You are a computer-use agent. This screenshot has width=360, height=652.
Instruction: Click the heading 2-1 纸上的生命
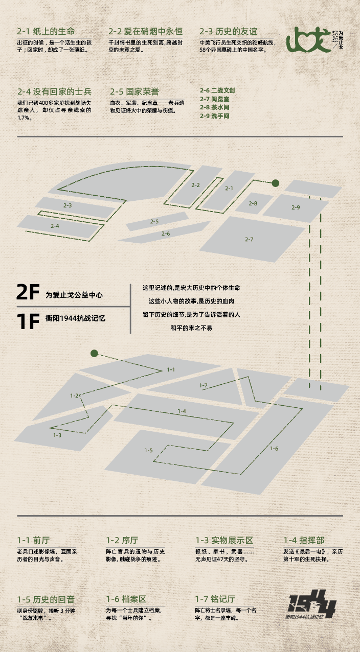tap(46, 32)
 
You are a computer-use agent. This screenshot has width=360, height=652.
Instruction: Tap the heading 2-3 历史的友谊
tap(229, 32)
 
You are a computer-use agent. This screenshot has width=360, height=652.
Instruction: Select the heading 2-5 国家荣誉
tap(134, 91)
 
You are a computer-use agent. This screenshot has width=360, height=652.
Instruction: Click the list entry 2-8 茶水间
tap(214, 107)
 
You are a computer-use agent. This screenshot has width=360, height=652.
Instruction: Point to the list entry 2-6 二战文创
tap(217, 90)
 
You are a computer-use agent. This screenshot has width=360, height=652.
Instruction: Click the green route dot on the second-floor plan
tap(275, 183)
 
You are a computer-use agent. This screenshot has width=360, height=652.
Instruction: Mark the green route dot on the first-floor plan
tap(94, 354)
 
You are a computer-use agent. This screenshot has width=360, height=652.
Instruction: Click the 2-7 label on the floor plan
tap(249, 240)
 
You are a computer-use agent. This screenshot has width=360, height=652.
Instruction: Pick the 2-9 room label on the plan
tap(296, 207)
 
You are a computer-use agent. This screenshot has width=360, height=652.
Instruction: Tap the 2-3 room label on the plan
tap(67, 205)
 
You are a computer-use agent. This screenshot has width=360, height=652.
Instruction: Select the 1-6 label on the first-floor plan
tap(274, 449)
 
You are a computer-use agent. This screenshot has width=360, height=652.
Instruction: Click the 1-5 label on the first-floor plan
tap(148, 450)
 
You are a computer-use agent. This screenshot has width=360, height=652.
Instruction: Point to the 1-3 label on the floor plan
tap(57, 435)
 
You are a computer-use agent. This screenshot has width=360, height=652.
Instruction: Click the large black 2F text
tap(28, 292)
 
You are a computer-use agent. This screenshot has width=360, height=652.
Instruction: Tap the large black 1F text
tap(28, 321)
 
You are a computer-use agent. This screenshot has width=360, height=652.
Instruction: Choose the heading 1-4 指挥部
tap(304, 540)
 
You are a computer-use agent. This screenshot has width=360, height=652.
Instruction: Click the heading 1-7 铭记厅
tap(215, 599)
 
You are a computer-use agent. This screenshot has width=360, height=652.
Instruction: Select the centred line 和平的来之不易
tap(191, 328)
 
